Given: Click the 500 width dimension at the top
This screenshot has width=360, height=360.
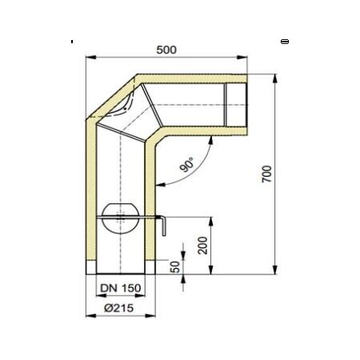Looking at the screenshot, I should [166, 50].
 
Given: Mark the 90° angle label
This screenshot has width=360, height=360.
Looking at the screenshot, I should [187, 166].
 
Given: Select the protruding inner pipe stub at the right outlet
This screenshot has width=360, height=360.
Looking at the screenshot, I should [237, 102].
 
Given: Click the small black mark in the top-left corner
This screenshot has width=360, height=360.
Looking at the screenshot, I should [72, 41].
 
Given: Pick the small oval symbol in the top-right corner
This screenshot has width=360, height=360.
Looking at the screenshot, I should [285, 41].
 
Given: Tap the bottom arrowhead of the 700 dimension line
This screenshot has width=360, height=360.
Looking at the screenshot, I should [276, 271].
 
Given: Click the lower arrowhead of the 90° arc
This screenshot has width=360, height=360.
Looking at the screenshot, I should [161, 186].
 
